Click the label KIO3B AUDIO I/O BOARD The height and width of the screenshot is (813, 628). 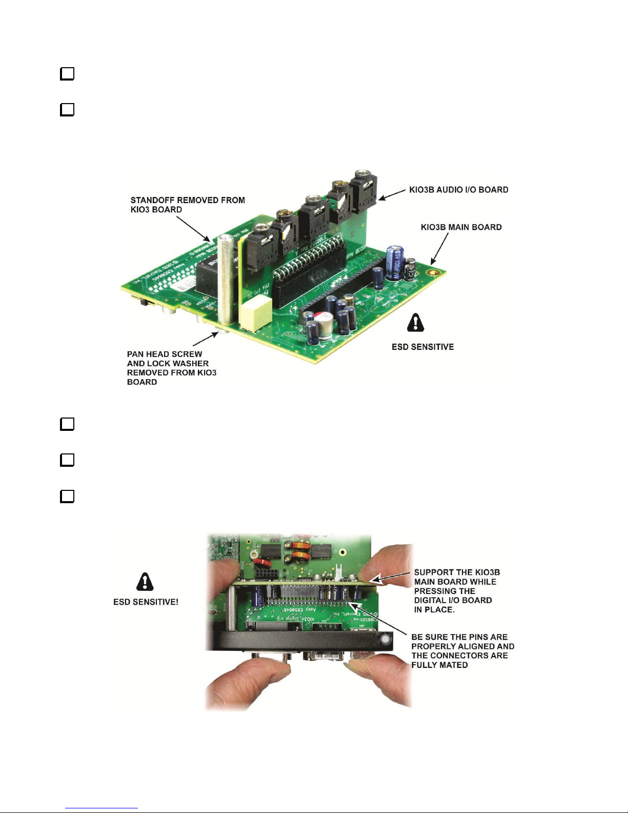(458, 190)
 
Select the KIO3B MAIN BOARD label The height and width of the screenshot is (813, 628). (461, 227)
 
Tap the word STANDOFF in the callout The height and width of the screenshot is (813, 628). (152, 200)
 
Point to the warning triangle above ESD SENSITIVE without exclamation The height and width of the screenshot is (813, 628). (415, 323)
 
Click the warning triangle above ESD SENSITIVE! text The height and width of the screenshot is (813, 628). (146, 582)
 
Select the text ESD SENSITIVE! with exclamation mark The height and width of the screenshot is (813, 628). (146, 602)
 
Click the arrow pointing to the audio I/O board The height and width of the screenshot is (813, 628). (392, 194)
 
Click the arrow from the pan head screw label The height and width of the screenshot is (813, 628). (206, 339)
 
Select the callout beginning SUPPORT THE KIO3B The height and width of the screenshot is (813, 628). (456, 591)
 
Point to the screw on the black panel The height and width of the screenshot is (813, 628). (384, 639)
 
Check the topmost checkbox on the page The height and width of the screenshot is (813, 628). (67, 74)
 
